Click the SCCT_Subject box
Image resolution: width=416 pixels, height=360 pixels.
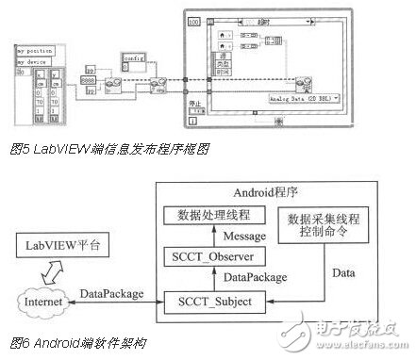[218, 302]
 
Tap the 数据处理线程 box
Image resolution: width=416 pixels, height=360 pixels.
[218, 214]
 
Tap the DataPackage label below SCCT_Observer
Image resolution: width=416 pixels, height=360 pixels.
[246, 279]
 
